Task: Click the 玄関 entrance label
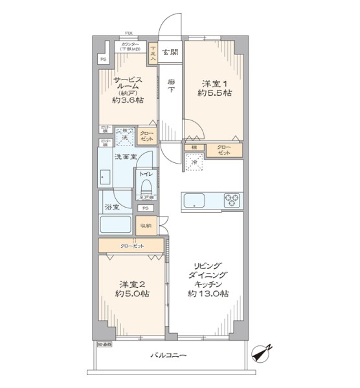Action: pyautogui.click(x=170, y=52)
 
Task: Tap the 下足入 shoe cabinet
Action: pyautogui.click(x=153, y=52)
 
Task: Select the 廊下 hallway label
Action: pyautogui.click(x=171, y=87)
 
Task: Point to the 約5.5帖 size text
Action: pyautogui.click(x=215, y=93)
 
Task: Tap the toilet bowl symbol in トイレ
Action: pyautogui.click(x=145, y=188)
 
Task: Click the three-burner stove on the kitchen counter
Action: pyautogui.click(x=232, y=200)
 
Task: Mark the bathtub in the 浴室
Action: pyautogui.click(x=117, y=226)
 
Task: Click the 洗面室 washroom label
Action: pyautogui.click(x=125, y=157)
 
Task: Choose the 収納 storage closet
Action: pyautogui.click(x=146, y=226)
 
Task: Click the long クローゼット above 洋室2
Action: pyautogui.click(x=131, y=246)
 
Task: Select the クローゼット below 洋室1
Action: pyautogui.click(x=224, y=150)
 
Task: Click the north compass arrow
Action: pyautogui.click(x=263, y=352)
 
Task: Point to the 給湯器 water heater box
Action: pyautogui.click(x=104, y=345)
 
